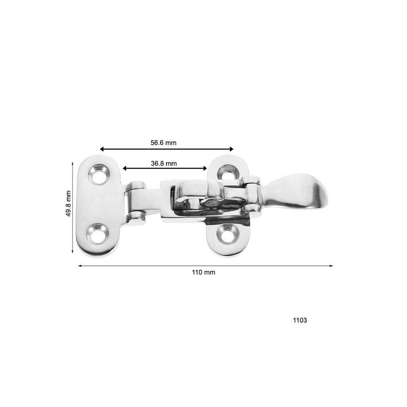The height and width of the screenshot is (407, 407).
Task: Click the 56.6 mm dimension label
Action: point(163,143)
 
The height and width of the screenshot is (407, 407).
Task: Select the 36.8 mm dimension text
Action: point(163,163)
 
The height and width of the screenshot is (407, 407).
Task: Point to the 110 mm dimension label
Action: point(203,272)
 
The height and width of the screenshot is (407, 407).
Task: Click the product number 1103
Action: point(300,321)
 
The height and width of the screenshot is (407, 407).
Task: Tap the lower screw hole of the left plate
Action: point(97,235)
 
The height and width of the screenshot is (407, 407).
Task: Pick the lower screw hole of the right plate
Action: point(227,234)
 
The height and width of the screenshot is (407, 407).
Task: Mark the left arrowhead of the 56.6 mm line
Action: point(102,149)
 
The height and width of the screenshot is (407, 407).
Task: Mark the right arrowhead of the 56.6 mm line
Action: point(231,149)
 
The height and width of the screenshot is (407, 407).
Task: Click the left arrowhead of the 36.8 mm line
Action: point(124,168)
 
